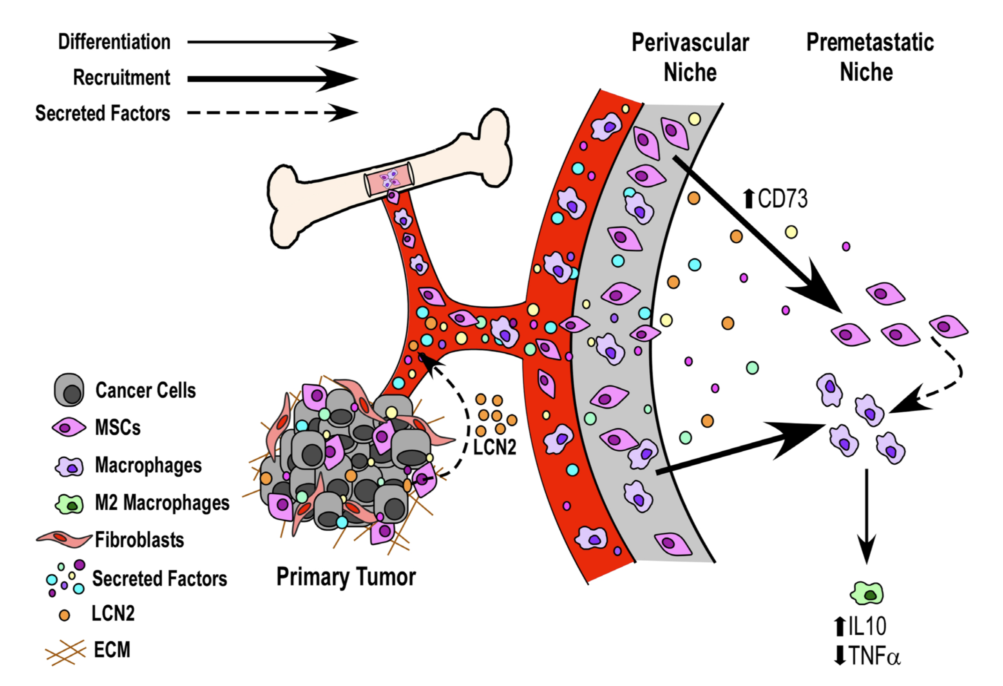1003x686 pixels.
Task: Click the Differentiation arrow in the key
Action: coord(272,42)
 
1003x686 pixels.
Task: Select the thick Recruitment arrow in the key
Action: coord(272,79)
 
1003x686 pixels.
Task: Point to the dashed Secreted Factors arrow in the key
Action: coord(272,113)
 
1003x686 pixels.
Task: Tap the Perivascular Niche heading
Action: coord(690,57)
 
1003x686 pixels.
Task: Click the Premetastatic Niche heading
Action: coord(870,57)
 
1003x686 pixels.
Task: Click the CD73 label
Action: coord(775,199)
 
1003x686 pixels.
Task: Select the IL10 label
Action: coord(860,626)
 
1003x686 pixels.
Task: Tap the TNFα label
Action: coord(867,656)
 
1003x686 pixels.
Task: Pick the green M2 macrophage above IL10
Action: coord(867,594)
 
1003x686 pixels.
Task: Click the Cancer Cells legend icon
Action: coord(69,390)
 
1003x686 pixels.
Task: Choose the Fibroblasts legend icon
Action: coord(64,539)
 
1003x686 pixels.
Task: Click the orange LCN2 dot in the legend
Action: coord(64,615)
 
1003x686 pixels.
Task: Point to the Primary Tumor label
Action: coord(346,577)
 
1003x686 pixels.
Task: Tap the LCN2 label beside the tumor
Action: coord(494,447)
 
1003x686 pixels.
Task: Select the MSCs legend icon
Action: coord(69,427)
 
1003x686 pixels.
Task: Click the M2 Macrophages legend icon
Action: coord(69,504)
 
